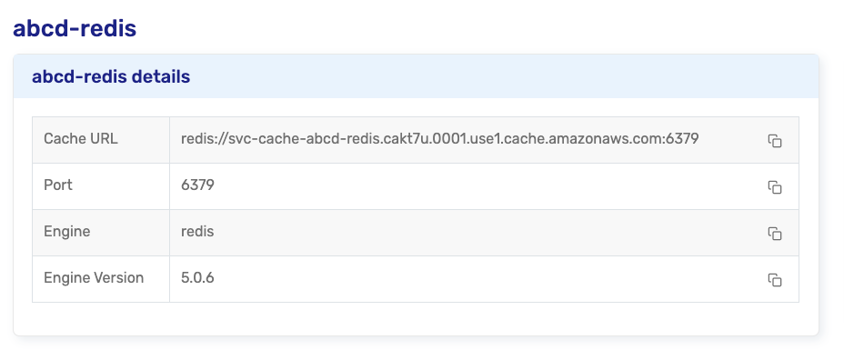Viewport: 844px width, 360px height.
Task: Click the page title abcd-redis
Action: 75,28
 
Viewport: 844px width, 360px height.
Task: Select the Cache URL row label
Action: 81,139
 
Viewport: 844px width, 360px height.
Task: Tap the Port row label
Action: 58,185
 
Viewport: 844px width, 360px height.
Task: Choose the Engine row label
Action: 66,232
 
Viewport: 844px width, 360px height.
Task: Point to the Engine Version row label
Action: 94,277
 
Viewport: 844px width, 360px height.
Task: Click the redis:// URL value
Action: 440,139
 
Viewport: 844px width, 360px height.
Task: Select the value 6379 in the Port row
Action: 197,185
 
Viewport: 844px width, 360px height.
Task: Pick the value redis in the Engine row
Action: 197,232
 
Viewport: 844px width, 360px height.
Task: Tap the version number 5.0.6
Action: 197,277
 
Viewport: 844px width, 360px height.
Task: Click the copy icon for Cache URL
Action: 775,140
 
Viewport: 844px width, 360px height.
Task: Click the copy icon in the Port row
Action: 775,186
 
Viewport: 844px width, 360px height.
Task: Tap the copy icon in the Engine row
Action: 775,233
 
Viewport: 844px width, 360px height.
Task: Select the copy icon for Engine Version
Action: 775,280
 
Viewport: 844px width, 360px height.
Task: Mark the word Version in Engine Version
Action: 119,277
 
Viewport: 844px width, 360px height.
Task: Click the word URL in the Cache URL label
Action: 104,139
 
